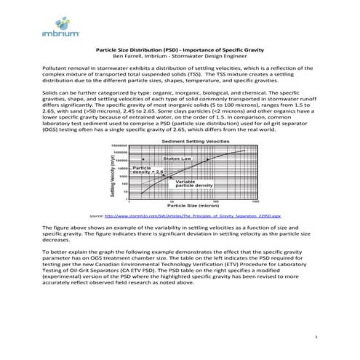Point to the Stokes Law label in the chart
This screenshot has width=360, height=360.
pyautogui.click(x=178, y=158)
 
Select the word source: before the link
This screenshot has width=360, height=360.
pyautogui.click(x=95, y=217)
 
